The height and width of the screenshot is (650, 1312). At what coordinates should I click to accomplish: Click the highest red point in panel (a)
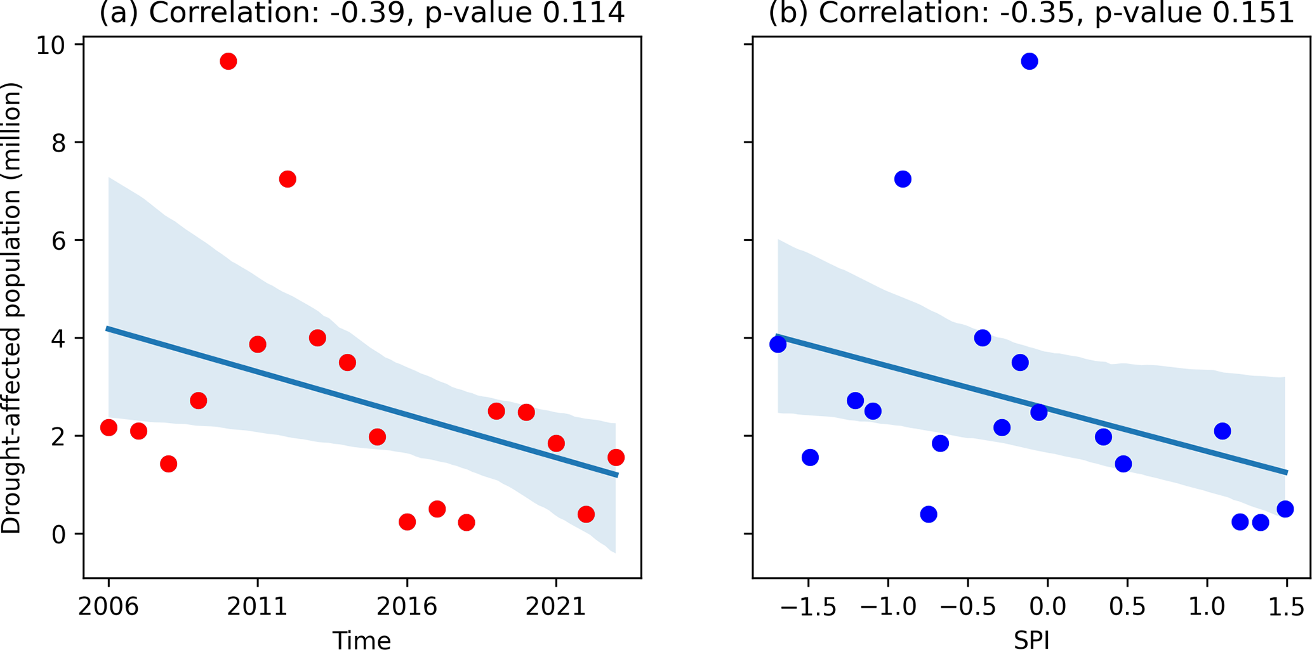[x=228, y=62]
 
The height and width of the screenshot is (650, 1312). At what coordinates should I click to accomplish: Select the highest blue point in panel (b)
[x=1029, y=62]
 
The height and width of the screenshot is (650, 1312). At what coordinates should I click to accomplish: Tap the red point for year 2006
[x=109, y=427]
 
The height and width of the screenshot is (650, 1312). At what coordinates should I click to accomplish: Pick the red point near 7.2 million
[x=287, y=179]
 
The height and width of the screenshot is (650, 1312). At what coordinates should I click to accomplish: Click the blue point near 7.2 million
[x=903, y=179]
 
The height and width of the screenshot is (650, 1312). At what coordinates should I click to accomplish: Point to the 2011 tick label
[x=257, y=607]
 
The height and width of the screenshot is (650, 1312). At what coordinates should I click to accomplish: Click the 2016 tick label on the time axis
[x=406, y=607]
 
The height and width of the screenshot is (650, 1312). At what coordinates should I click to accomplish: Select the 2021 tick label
[x=555, y=607]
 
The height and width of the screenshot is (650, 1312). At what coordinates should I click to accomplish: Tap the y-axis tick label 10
[x=52, y=46]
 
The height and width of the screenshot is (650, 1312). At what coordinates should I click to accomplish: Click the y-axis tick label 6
[x=59, y=241]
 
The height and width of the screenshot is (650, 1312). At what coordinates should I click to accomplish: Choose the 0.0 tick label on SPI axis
[x=1047, y=607]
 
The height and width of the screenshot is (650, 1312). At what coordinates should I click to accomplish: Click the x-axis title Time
[x=361, y=639]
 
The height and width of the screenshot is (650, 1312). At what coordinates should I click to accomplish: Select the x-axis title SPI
[x=1031, y=639]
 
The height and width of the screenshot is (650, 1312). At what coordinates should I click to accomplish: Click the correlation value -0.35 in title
[x=1035, y=13]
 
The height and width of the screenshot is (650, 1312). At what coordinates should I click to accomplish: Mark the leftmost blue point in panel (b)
[x=778, y=344]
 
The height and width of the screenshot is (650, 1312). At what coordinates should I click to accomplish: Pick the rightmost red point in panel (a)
[x=615, y=457]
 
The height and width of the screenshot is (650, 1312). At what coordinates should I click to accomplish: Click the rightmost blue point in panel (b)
[x=1285, y=509]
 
